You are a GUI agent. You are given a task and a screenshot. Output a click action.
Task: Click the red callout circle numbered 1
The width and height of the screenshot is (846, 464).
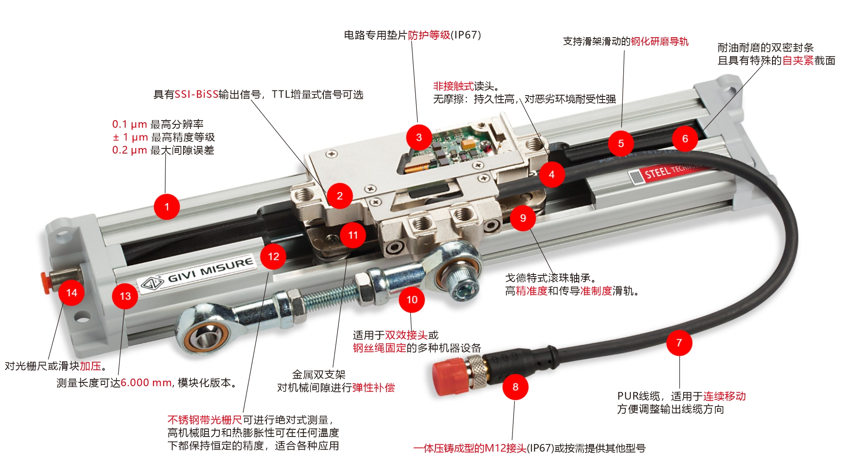(167, 206)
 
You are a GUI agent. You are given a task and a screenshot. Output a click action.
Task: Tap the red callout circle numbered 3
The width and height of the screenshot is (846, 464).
(419, 137)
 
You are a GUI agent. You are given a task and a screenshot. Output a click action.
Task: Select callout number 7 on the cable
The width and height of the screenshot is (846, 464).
(679, 343)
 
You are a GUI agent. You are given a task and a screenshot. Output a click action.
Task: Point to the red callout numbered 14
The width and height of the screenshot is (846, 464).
(71, 292)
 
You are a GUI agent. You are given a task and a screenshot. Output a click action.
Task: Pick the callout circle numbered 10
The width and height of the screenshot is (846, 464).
(412, 299)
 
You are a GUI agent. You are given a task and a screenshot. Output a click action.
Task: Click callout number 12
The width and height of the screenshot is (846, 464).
(273, 256)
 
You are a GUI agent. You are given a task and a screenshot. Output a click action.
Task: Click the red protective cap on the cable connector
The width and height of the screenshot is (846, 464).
(451, 376)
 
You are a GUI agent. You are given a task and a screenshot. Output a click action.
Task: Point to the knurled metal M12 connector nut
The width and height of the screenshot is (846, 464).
(477, 371)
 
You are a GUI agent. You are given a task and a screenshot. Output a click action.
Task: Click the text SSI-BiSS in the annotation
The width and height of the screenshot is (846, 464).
(197, 94)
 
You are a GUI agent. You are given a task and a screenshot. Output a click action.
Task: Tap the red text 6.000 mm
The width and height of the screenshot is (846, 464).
(146, 383)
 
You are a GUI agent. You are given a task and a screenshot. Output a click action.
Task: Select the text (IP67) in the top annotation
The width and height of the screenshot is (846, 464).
(466, 35)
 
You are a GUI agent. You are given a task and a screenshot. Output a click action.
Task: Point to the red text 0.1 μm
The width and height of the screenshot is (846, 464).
(129, 124)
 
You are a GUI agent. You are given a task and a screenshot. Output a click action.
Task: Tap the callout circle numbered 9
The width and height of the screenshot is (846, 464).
(523, 218)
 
